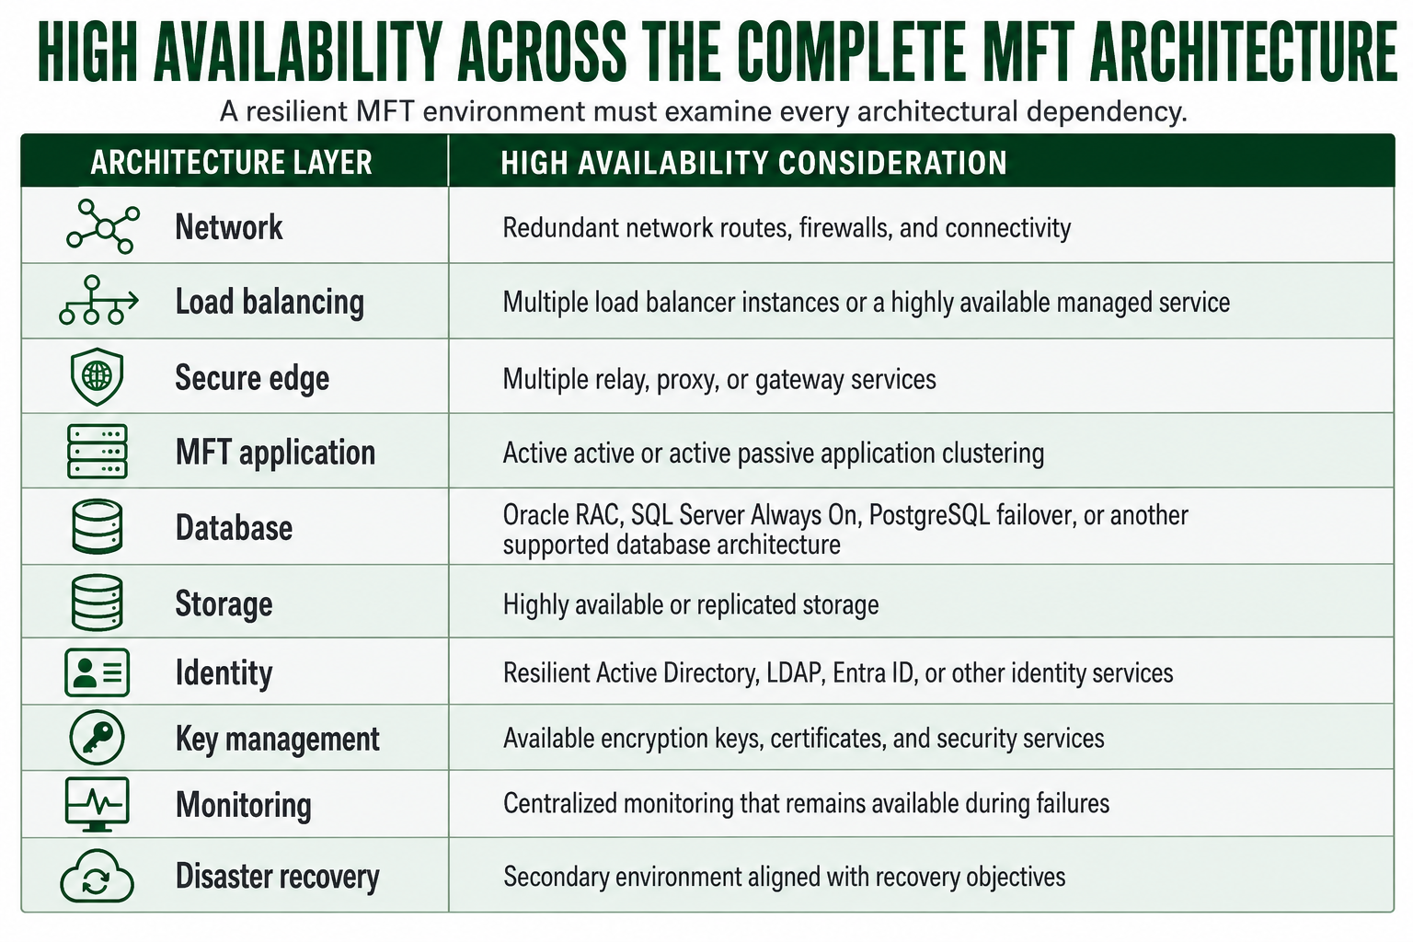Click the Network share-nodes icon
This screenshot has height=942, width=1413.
click(x=104, y=227)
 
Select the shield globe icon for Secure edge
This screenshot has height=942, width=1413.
click(x=98, y=376)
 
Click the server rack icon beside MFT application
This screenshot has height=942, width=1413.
click(x=98, y=451)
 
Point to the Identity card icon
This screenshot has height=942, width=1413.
click(x=98, y=672)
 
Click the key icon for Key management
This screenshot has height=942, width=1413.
click(x=98, y=738)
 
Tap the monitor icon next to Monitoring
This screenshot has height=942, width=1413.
click(x=98, y=804)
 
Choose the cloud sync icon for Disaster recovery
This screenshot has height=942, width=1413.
click(x=97, y=876)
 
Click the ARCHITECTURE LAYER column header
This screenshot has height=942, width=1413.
click(x=232, y=162)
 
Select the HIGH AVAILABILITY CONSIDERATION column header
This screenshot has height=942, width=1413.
click(x=753, y=162)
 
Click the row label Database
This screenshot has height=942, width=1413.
click(x=234, y=527)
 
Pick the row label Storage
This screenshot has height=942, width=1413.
click(x=224, y=603)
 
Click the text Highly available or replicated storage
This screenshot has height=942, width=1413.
click(x=691, y=604)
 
